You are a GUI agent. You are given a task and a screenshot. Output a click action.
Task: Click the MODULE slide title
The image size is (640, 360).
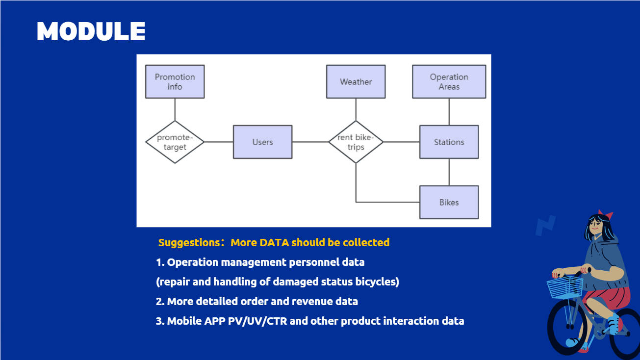(91, 31)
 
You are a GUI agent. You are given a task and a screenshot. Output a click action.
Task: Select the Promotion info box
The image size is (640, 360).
(175, 82)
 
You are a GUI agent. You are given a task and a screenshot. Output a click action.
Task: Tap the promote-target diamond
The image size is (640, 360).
(175, 142)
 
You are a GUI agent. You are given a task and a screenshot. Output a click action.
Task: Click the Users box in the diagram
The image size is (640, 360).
(262, 142)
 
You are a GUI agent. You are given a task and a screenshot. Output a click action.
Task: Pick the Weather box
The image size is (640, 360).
(356, 82)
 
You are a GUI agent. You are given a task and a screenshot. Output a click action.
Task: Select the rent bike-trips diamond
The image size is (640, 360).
(356, 142)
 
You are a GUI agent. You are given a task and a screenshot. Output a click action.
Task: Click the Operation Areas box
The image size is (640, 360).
(449, 82)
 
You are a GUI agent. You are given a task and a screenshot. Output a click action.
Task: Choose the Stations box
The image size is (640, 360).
(449, 142)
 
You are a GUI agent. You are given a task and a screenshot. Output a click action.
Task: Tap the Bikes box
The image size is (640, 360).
(449, 202)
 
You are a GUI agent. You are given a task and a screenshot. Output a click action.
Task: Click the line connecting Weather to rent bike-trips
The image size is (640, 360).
(356, 109)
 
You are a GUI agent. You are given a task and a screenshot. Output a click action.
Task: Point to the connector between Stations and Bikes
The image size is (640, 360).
(449, 172)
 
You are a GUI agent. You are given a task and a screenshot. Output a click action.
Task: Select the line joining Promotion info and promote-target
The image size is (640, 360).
(175, 109)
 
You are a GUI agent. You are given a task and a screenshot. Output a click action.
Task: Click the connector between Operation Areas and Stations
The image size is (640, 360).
(449, 112)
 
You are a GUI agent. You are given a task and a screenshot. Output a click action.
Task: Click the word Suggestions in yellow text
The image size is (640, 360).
(189, 243)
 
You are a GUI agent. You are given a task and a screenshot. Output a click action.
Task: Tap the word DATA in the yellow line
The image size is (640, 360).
(274, 242)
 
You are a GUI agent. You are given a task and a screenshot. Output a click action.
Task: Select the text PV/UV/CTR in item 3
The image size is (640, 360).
(257, 321)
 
